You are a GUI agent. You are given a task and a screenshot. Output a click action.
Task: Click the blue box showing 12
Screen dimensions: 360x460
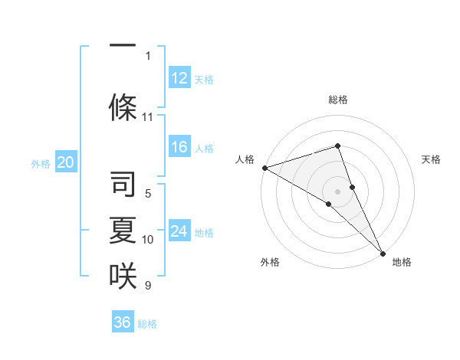(179, 77)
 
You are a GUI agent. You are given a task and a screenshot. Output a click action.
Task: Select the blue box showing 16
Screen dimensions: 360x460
(179, 148)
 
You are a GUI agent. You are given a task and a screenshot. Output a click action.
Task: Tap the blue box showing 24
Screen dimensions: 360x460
(179, 231)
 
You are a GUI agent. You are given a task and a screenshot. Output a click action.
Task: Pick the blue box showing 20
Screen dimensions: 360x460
(66, 162)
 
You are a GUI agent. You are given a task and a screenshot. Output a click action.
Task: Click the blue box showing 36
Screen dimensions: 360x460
(123, 322)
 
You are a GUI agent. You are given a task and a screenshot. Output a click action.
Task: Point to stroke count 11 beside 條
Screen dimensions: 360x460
(148, 117)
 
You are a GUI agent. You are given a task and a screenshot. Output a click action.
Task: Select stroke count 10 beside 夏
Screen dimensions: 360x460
(148, 240)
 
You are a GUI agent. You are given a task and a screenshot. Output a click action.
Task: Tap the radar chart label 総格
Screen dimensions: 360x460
(337, 100)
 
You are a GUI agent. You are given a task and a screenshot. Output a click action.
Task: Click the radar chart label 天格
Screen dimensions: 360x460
(431, 159)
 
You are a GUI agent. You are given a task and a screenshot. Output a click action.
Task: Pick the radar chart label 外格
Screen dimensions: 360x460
(269, 262)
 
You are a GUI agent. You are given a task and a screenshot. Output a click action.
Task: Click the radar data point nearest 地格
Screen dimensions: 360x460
(383, 252)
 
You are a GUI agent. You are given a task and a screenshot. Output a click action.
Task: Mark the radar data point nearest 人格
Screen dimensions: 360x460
(264, 167)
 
